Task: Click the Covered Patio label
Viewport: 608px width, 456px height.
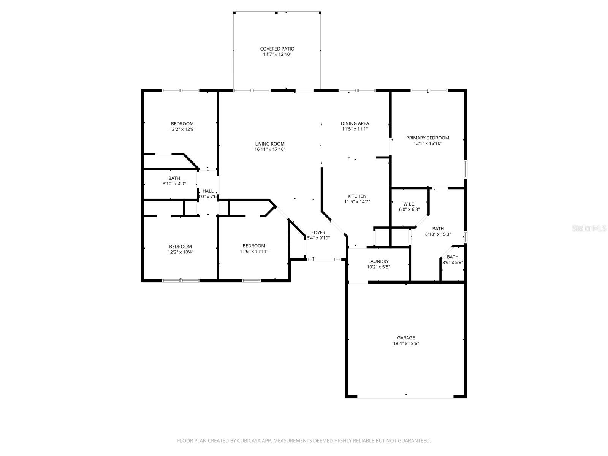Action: click(277, 49)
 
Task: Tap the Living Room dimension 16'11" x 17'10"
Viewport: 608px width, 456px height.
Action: click(270, 149)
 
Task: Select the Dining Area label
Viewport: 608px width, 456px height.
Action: click(355, 123)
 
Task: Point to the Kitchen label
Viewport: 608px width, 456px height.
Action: click(357, 196)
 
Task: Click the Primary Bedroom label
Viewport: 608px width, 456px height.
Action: click(427, 138)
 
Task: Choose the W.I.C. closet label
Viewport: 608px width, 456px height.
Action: click(409, 204)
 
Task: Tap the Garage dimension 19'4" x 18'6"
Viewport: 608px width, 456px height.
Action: click(406, 343)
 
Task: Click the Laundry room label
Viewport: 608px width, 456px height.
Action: click(378, 261)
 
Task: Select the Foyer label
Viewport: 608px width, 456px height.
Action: click(318, 233)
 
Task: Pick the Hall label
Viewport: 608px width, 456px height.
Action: click(208, 191)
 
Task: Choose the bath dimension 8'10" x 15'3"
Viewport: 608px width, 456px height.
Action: click(438, 234)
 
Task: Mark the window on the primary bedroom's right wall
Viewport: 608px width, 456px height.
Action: click(465, 169)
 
